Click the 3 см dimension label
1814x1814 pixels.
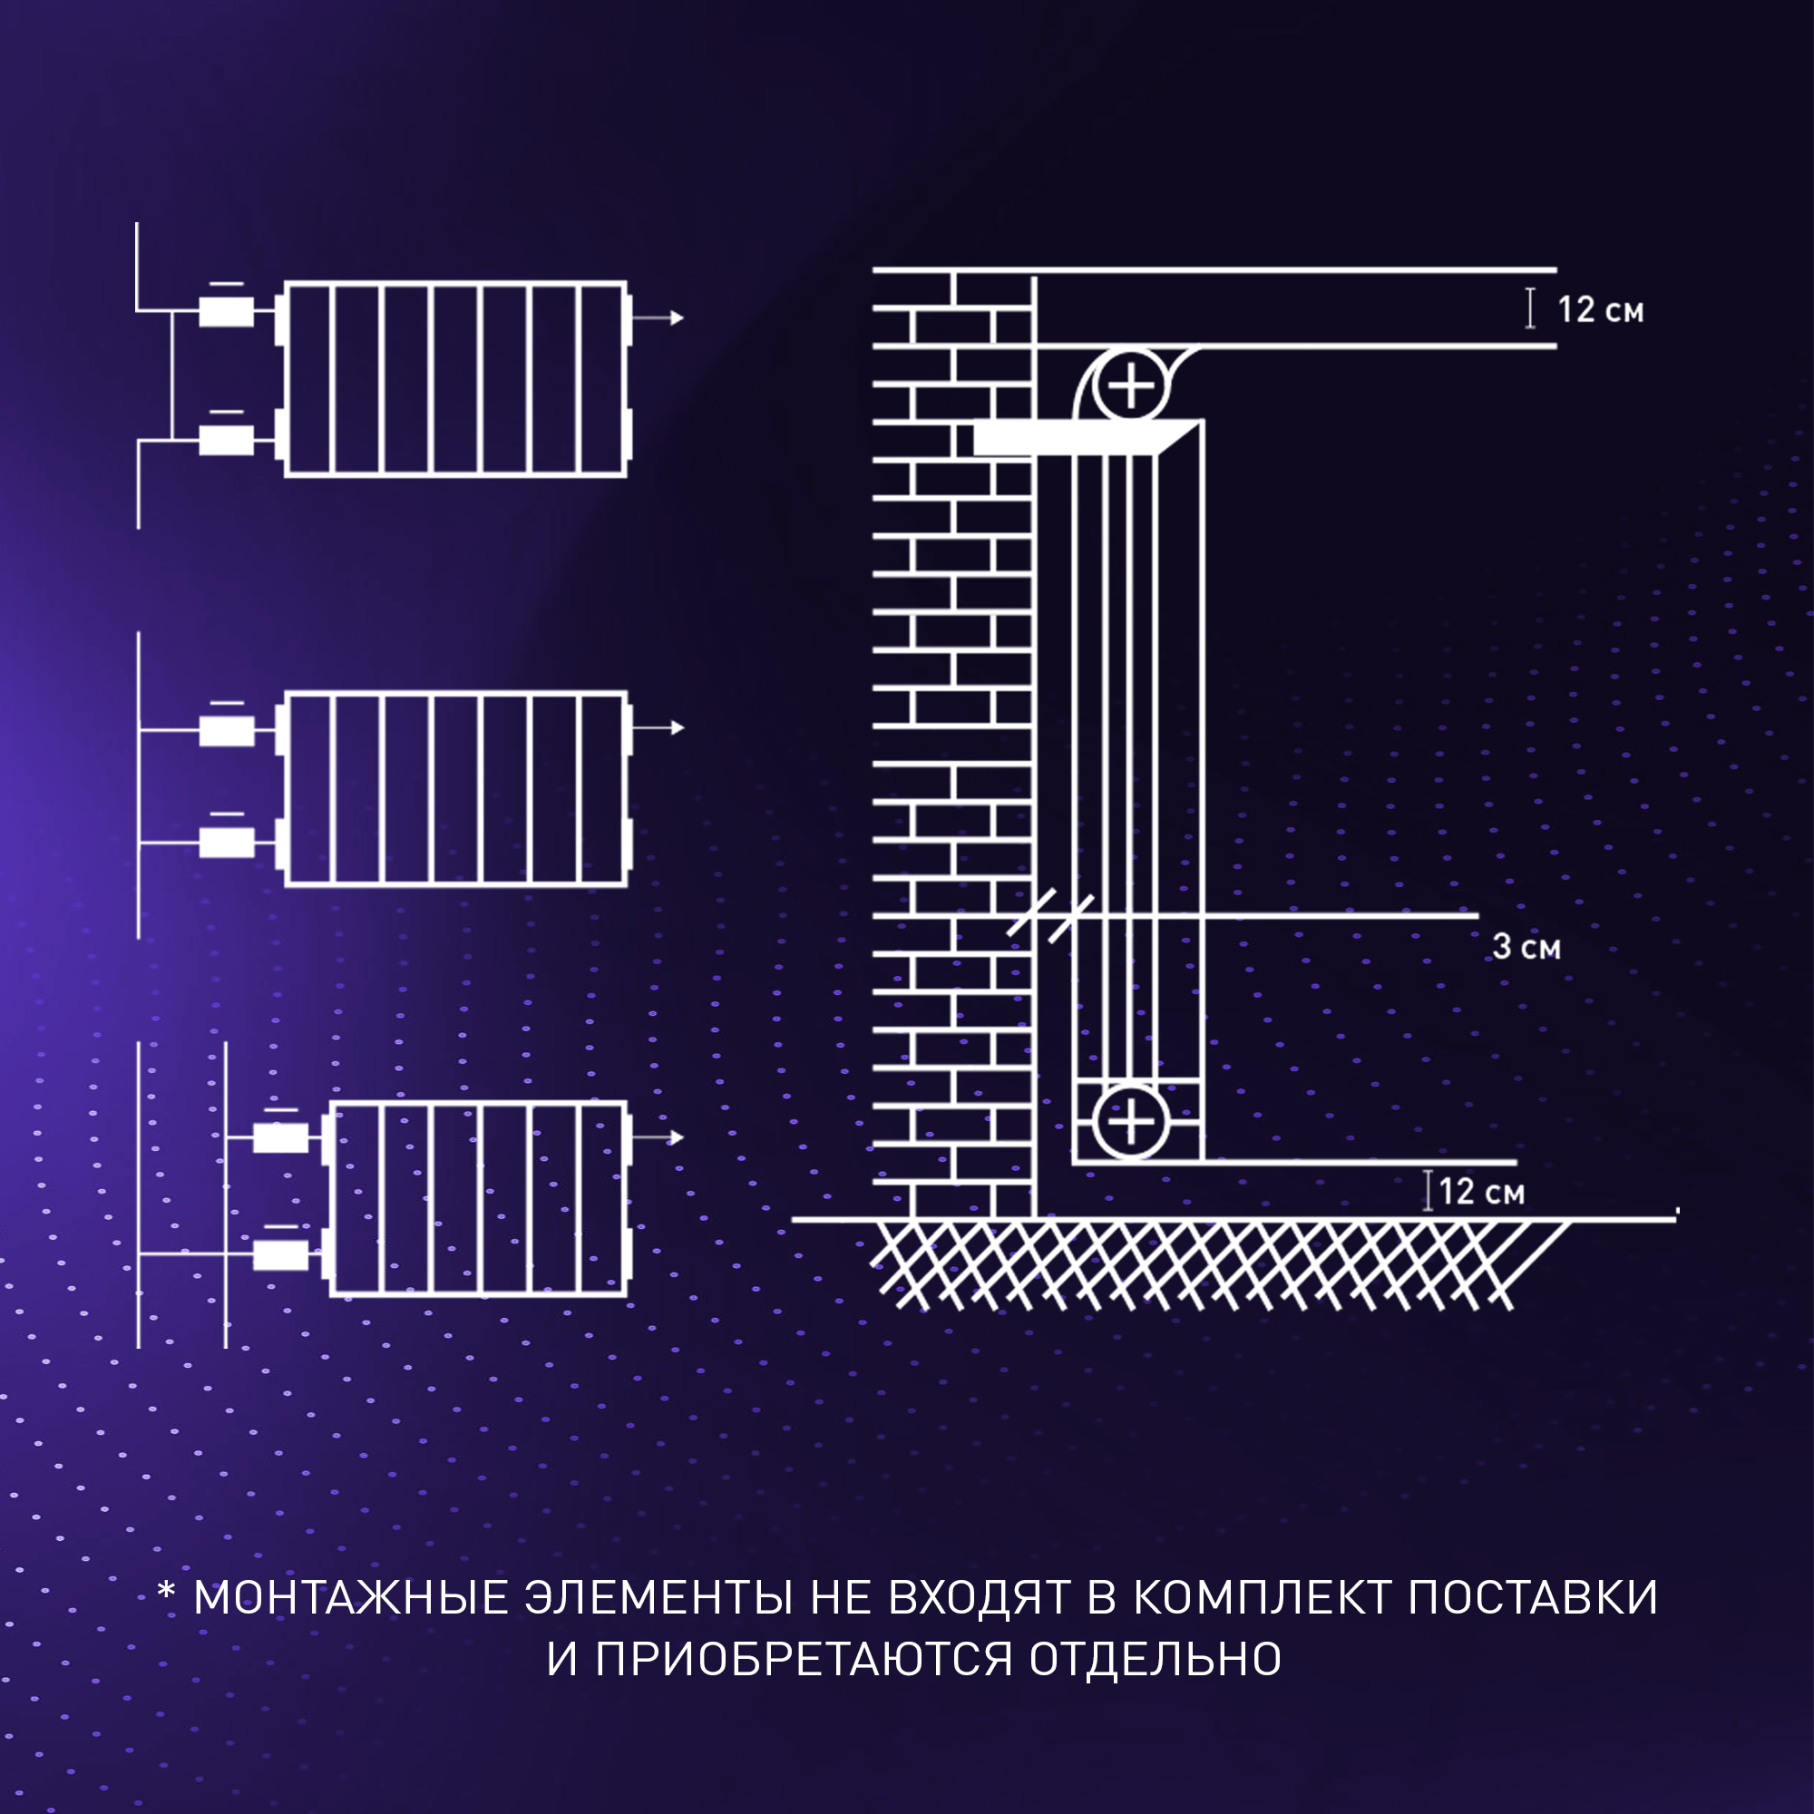[x=1526, y=946]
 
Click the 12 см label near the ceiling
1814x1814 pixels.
[x=1600, y=310]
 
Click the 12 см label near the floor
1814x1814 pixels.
[x=1481, y=1192]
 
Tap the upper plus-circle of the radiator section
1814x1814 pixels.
[x=1131, y=385]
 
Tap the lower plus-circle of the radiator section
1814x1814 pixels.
[x=1130, y=1121]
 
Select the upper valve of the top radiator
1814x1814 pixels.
[x=226, y=311]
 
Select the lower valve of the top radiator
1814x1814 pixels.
[x=226, y=439]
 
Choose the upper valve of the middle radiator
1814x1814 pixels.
[x=226, y=730]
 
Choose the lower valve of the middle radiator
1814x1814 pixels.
[x=226, y=843]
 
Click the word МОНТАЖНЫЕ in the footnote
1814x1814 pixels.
[x=350, y=1598]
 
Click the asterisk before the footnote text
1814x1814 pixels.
[x=166, y=1591]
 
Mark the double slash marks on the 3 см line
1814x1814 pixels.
[x=1050, y=915]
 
